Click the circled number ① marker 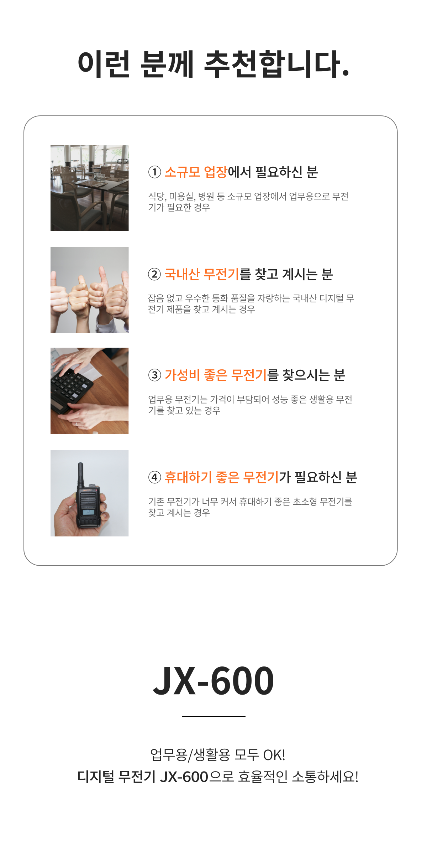(x=154, y=172)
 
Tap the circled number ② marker (x=154, y=275)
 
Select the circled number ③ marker (x=154, y=375)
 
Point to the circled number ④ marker (x=154, y=477)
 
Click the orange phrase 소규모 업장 (x=196, y=172)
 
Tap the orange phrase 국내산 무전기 (x=202, y=274)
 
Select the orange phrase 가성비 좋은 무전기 (x=216, y=375)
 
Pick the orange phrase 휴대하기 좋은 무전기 (x=221, y=477)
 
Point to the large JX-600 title (x=213, y=681)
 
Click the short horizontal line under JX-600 (x=213, y=716)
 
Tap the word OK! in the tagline (x=274, y=755)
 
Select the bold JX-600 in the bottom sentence (x=184, y=777)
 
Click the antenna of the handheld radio (x=81, y=475)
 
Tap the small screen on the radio (x=88, y=512)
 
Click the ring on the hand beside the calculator (x=77, y=424)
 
